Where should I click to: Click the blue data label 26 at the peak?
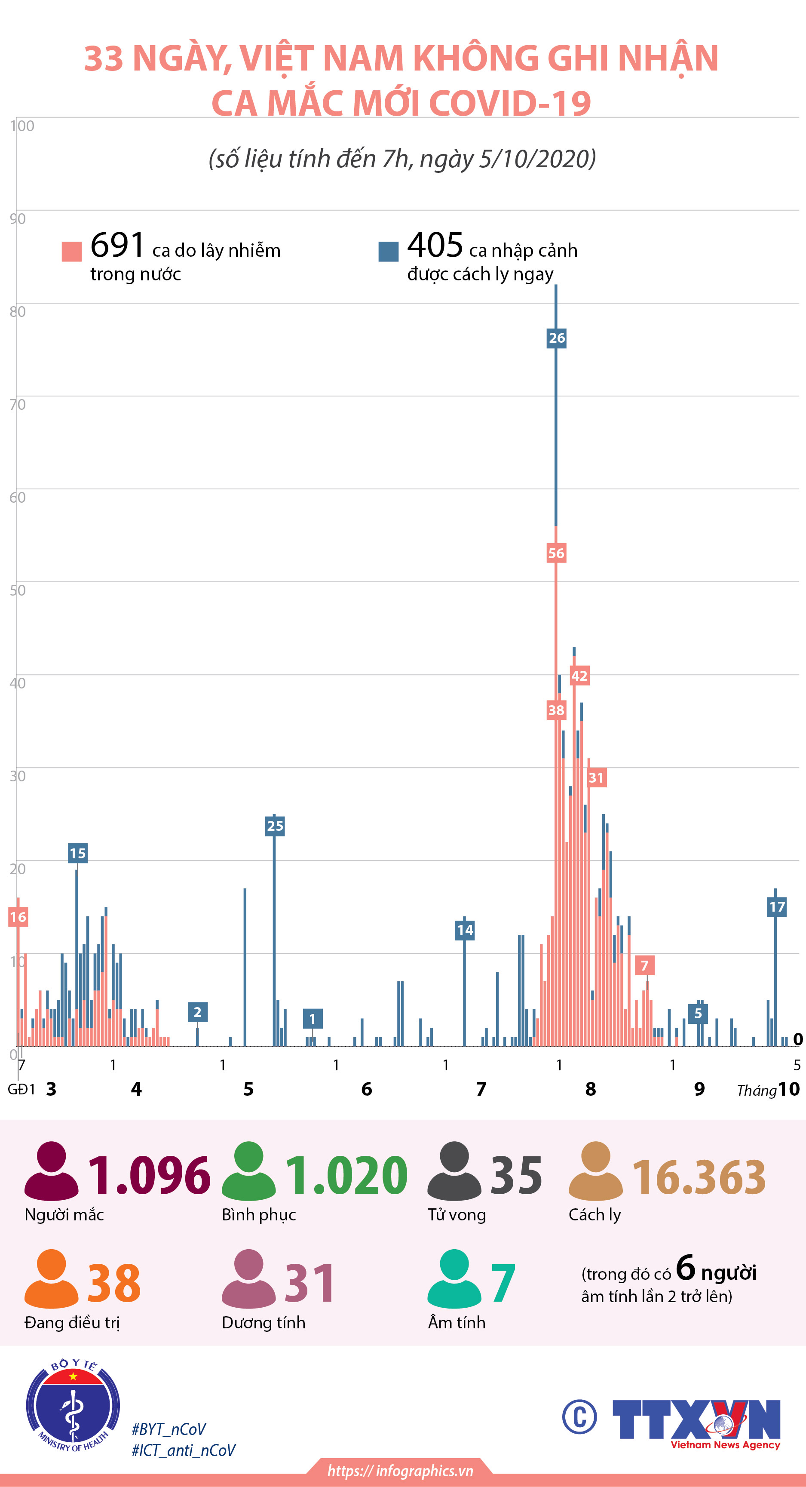tap(556, 338)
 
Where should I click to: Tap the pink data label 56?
tap(556, 553)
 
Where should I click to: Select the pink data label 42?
tap(579, 676)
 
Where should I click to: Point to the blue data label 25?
tap(275, 826)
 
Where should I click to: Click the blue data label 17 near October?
tap(777, 907)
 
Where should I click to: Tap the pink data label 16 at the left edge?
tap(18, 917)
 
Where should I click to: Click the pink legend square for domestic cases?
tap(71, 251)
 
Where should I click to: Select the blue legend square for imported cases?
tap(388, 251)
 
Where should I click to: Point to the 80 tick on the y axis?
tap(17, 312)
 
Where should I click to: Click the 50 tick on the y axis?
tap(17, 590)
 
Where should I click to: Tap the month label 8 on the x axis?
tap(590, 1089)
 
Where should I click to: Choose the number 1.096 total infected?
tap(149, 1176)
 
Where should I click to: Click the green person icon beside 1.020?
tap(248, 1171)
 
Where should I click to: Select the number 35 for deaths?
tap(516, 1176)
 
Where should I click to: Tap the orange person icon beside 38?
tap(51, 1278)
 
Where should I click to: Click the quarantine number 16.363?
tap(699, 1177)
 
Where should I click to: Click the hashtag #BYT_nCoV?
tap(169, 1429)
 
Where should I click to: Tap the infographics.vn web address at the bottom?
tap(400, 1471)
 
